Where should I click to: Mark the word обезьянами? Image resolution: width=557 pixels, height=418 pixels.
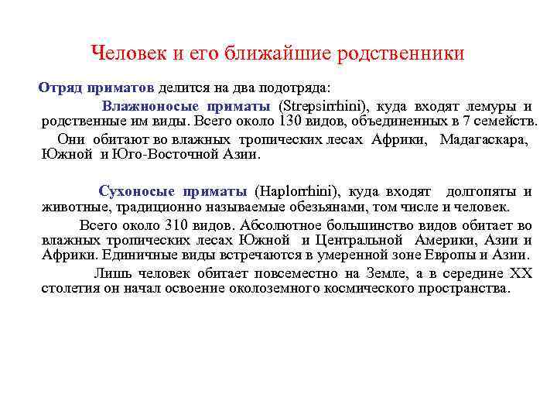(x=324, y=207)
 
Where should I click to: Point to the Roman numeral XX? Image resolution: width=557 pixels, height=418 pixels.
(x=521, y=273)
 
